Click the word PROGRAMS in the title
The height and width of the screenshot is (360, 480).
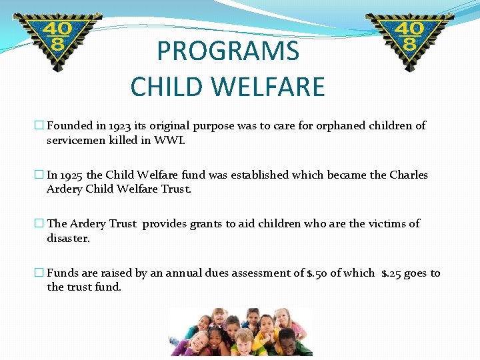tap(228, 51)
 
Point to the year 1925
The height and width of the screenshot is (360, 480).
tap(71, 175)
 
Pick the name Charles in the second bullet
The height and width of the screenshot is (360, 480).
tap(408, 175)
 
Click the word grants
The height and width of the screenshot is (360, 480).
tap(207, 224)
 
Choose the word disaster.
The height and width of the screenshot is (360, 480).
tap(68, 239)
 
